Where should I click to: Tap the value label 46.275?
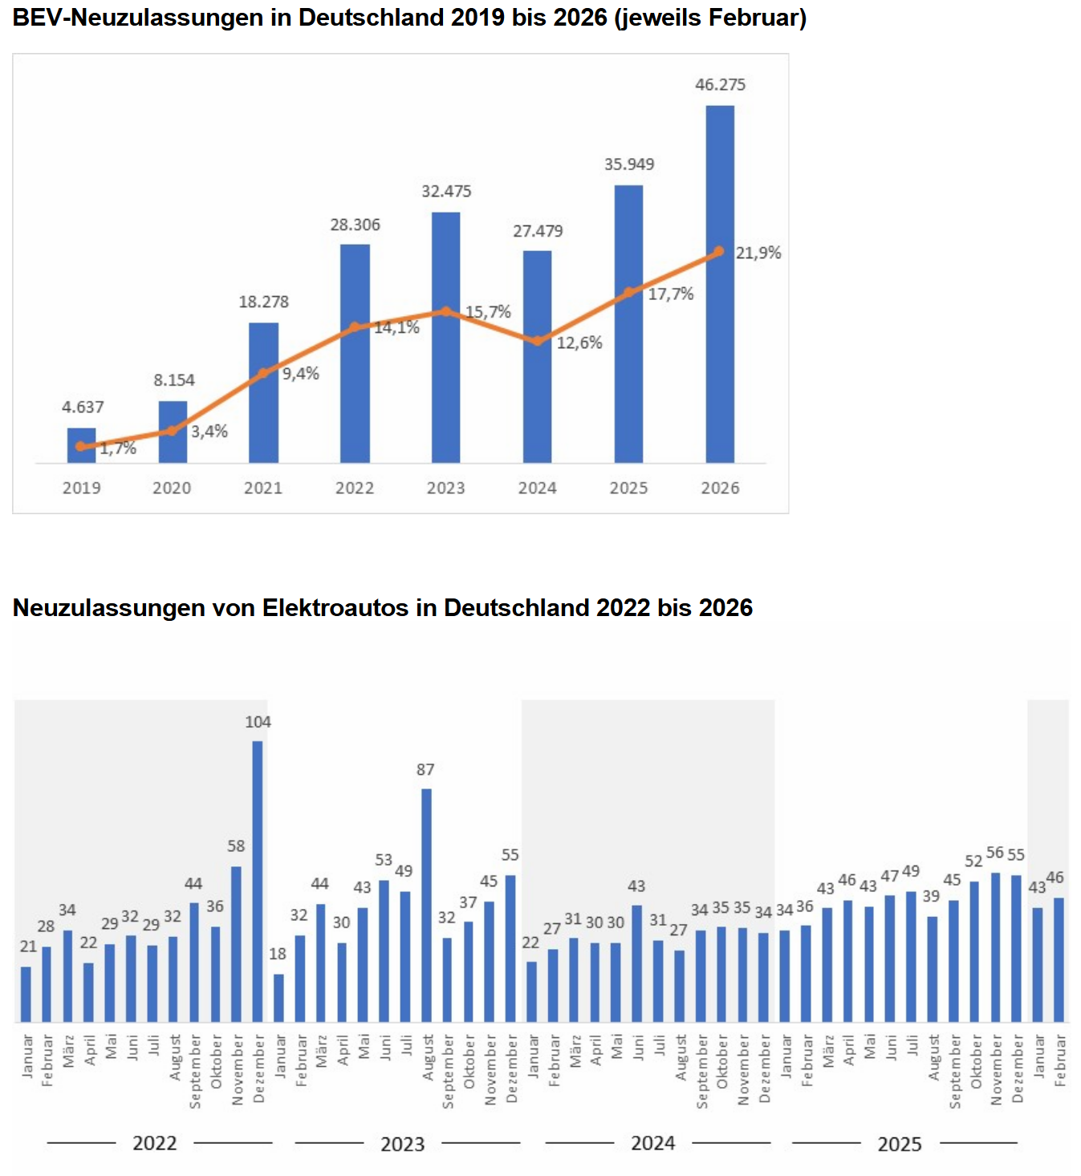click(720, 84)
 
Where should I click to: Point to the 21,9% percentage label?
click(758, 253)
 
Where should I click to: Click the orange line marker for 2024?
click(537, 341)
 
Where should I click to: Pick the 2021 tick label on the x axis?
click(263, 488)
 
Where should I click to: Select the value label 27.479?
click(538, 231)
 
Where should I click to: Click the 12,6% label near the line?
click(579, 343)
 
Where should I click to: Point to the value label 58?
click(236, 846)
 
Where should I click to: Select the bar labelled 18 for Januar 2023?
click(278, 998)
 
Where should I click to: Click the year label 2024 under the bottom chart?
click(652, 1143)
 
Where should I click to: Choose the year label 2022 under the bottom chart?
click(154, 1143)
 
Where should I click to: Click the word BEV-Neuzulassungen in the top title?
click(137, 18)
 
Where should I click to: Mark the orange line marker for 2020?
click(172, 431)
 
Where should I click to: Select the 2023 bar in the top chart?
click(445, 337)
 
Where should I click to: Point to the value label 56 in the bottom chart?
click(995, 853)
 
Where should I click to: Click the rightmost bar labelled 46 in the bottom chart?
click(1059, 959)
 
